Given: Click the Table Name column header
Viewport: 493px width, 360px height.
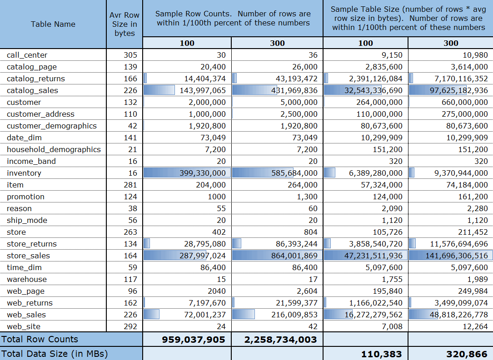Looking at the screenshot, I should (53, 24).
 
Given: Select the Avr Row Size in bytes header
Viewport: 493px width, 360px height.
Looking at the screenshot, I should (124, 24).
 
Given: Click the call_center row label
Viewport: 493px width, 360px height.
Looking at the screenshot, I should (27, 55).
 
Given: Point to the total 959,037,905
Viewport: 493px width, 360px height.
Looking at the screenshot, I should (194, 339).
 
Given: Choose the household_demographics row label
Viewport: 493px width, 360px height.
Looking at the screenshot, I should (54, 149).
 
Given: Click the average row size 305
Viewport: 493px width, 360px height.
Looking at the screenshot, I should (130, 55).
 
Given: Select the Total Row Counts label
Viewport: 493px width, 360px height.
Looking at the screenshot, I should (40, 339).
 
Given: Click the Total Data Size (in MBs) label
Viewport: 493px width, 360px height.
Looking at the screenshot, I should (55, 353).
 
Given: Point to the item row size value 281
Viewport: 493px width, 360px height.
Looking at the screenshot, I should (130, 185).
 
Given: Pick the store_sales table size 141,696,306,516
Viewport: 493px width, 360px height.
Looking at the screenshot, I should (457, 256).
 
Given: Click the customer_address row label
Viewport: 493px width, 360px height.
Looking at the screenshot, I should (40, 114).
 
